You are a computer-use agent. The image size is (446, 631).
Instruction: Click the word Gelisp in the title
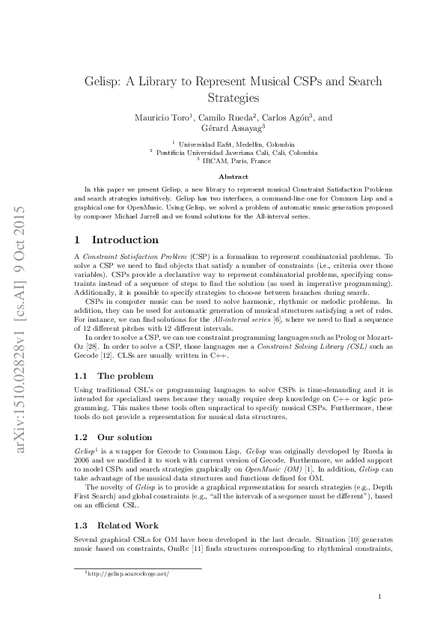(x=106, y=81)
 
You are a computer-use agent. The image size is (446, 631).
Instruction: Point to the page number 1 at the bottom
(x=380, y=597)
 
